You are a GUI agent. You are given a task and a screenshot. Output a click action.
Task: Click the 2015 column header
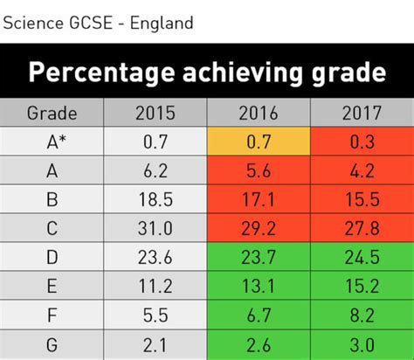pyautogui.click(x=155, y=113)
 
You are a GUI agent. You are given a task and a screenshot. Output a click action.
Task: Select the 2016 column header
pyautogui.click(x=259, y=113)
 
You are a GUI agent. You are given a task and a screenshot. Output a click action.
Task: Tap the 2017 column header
pyautogui.click(x=362, y=113)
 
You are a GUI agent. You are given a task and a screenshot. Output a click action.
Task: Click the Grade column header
pyautogui.click(x=52, y=113)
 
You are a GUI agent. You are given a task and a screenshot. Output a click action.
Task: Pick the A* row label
pyautogui.click(x=52, y=142)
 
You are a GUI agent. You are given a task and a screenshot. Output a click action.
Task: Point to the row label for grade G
pyautogui.click(x=52, y=343)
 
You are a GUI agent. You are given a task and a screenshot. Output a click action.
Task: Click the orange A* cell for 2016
pyautogui.click(x=259, y=142)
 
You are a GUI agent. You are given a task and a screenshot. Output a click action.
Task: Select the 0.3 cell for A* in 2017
pyautogui.click(x=362, y=142)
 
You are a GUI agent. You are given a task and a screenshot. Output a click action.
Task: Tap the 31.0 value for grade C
pyautogui.click(x=155, y=228)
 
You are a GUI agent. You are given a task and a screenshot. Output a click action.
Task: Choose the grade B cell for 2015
pyautogui.click(x=155, y=199)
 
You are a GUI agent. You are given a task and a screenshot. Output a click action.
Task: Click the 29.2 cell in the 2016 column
pyautogui.click(x=259, y=228)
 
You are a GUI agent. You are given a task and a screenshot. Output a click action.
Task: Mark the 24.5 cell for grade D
pyautogui.click(x=362, y=257)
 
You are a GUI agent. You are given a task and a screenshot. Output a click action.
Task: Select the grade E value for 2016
pyautogui.click(x=259, y=286)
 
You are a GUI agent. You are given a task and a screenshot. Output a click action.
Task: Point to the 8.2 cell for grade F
pyautogui.click(x=362, y=315)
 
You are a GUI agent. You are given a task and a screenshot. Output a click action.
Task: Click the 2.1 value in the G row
pyautogui.click(x=155, y=343)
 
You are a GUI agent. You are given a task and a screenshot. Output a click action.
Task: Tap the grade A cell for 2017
pyautogui.click(x=362, y=171)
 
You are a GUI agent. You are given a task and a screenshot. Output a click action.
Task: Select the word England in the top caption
pyautogui.click(x=161, y=22)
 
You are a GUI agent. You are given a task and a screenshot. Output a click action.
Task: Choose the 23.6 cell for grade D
pyautogui.click(x=155, y=257)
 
